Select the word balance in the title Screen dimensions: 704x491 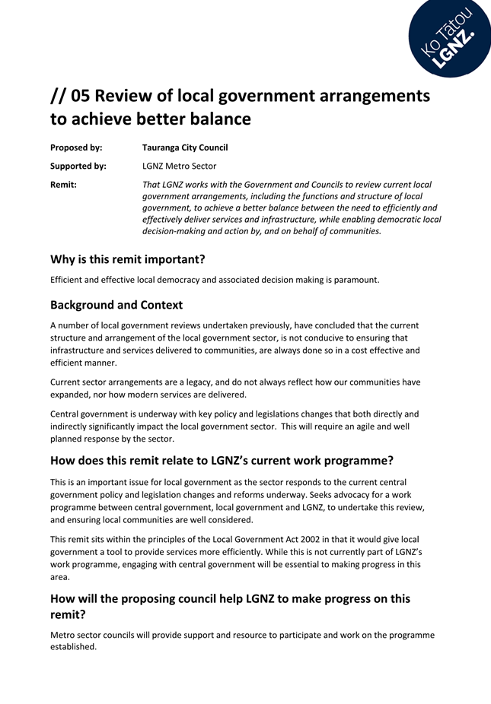(x=222, y=119)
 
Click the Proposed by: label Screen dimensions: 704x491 (x=76, y=147)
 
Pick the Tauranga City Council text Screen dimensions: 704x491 (x=185, y=147)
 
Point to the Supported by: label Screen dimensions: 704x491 (x=78, y=166)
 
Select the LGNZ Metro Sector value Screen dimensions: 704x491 (x=179, y=166)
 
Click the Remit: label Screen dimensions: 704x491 (x=63, y=185)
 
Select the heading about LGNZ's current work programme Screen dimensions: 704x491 (x=222, y=460)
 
